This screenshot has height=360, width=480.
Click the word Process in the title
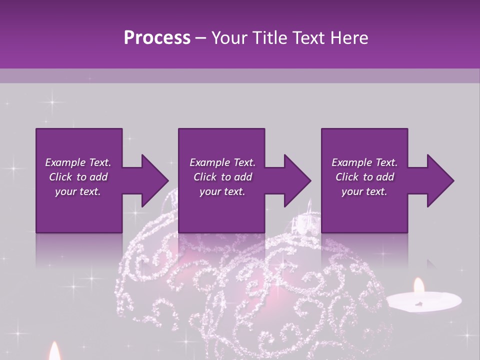[157, 38]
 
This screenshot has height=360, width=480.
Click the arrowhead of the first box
[154, 180]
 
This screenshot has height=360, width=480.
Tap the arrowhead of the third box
[440, 180]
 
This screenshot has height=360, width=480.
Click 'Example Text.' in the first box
[78, 162]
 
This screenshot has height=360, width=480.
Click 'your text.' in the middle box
[222, 191]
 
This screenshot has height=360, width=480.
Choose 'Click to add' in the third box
[364, 177]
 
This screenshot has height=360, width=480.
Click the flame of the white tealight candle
[418, 286]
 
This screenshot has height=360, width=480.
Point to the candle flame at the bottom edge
[54, 352]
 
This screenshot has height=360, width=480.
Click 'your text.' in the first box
[78, 191]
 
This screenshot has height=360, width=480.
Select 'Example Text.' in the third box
[364, 162]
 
